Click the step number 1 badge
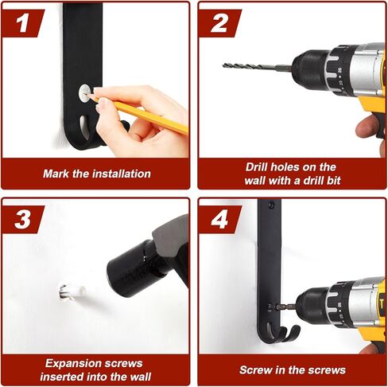pos(22,23)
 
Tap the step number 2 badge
pos(219,23)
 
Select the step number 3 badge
pos(22,220)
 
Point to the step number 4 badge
pos(219,220)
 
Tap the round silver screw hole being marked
pos(85,93)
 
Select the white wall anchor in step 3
pos(73,292)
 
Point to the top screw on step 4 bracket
pos(270,205)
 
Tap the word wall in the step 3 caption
pos(138,377)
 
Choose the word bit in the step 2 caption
pos(334,181)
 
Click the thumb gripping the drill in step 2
pos(367,127)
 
